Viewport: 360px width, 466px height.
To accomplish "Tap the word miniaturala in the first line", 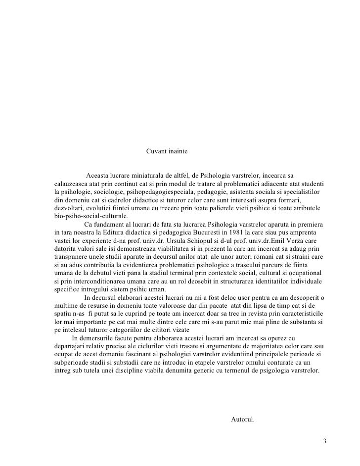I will [x=149, y=176].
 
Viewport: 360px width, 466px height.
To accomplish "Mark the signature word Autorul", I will [x=243, y=420].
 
